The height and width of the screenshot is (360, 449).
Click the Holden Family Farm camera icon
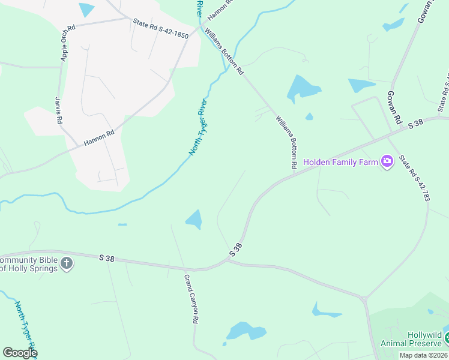(x=387, y=161)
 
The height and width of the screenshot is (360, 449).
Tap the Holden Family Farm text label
(x=340, y=162)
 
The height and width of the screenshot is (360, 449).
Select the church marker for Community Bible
(x=67, y=263)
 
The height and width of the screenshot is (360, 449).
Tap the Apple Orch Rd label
(x=67, y=43)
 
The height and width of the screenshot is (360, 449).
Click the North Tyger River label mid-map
(x=198, y=127)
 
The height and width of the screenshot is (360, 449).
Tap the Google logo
(x=20, y=352)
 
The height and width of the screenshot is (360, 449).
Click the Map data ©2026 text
(x=423, y=355)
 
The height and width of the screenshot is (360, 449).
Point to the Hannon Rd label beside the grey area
(x=99, y=139)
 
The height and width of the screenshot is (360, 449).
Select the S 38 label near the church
(x=107, y=258)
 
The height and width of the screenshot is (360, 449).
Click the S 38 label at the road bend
(x=236, y=250)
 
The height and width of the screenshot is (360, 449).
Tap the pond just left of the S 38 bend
(x=194, y=219)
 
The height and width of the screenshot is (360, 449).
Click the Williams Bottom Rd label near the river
(x=224, y=51)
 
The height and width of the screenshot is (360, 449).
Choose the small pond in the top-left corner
(x=86, y=9)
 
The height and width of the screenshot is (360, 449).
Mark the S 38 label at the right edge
(x=416, y=124)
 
